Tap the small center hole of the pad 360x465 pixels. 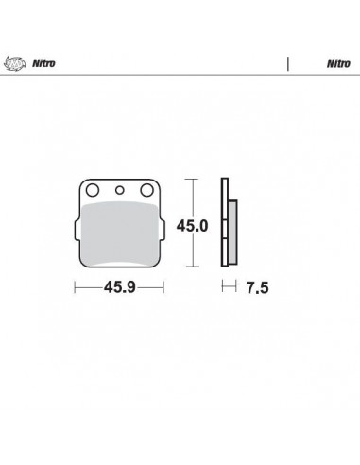(x=119, y=191)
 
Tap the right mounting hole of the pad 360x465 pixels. (x=147, y=191)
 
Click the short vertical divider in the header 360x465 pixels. (x=286, y=64)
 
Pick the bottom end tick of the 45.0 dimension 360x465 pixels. (x=194, y=267)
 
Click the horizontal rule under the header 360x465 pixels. (x=180, y=76)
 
